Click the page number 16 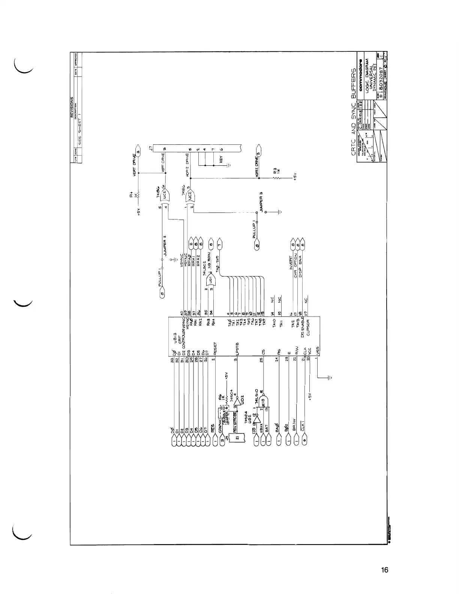[x=385, y=570]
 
